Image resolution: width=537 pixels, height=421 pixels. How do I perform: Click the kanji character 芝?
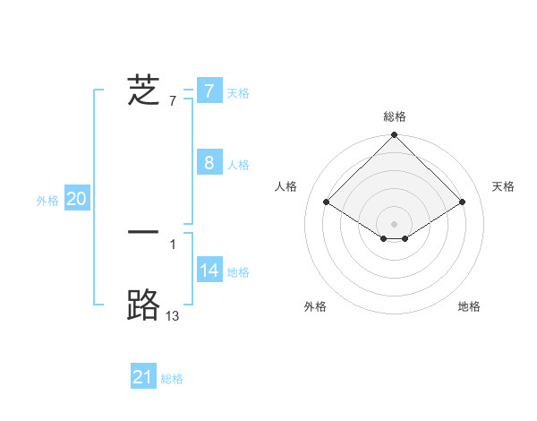tap(143, 91)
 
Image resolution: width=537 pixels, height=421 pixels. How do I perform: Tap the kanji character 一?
tap(143, 232)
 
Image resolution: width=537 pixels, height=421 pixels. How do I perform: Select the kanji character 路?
tap(143, 305)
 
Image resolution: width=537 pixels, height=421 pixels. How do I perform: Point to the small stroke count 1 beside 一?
tap(173, 243)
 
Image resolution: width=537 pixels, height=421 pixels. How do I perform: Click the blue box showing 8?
tap(209, 163)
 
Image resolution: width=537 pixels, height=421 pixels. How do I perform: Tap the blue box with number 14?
tap(209, 271)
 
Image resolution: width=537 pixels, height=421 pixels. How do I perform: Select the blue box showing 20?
tap(77, 200)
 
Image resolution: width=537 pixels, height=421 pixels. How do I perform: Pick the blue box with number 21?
tap(143, 377)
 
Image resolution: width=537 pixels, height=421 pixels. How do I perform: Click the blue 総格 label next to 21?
tap(172, 379)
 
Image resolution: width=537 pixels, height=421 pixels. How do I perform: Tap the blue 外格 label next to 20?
tap(47, 201)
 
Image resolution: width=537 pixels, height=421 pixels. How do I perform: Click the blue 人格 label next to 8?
tap(238, 165)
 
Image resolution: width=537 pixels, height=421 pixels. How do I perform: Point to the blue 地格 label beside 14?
tap(238, 272)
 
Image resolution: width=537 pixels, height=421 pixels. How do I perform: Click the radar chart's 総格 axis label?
tap(395, 116)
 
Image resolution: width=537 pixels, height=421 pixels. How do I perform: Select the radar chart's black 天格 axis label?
tap(503, 186)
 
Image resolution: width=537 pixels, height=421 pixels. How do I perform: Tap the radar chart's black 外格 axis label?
tap(315, 306)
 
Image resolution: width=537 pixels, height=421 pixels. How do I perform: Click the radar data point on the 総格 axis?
tap(395, 136)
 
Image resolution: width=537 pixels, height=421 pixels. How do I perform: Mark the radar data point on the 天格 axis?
tap(463, 202)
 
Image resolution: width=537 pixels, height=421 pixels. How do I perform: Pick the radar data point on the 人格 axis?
tap(327, 202)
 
